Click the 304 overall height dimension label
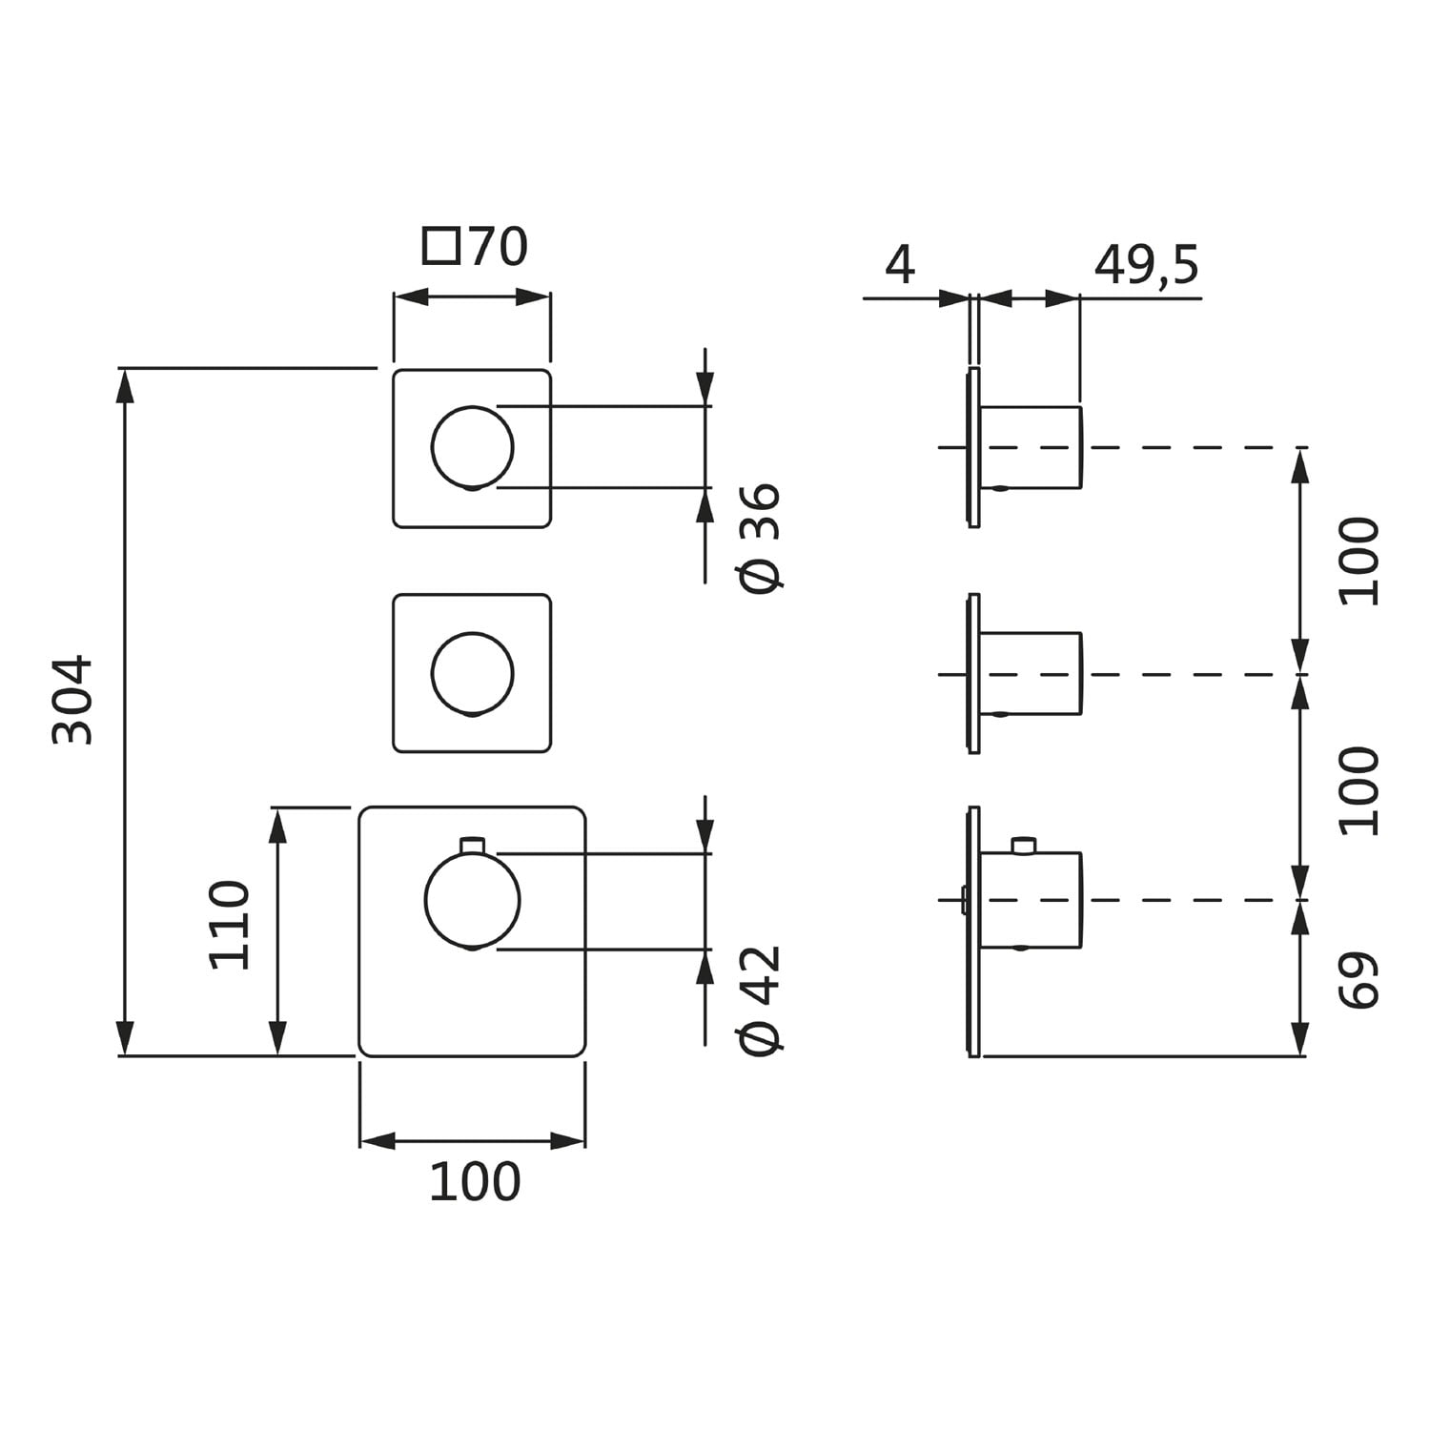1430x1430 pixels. point(73,699)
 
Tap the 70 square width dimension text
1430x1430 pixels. point(498,247)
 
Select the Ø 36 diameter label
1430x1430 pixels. point(762,538)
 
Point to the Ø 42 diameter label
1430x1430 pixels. point(762,999)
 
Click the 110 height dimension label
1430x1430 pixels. point(230,925)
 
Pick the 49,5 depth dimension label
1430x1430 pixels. point(1146,265)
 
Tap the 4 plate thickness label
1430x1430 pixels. point(899,265)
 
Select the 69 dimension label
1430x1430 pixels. point(1359,979)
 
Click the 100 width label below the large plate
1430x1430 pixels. point(475,1182)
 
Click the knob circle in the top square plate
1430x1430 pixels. point(473,447)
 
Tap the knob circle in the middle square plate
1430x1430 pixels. point(473,673)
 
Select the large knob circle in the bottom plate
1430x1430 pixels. point(473,901)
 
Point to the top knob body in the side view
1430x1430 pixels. point(1032,447)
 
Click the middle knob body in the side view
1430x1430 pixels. point(1032,673)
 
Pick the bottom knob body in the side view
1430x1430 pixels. point(1032,900)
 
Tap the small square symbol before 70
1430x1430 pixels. point(440,247)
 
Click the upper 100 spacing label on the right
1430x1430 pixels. point(1359,562)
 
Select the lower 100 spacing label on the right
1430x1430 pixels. point(1359,790)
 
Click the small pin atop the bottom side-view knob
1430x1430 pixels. point(1024,845)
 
